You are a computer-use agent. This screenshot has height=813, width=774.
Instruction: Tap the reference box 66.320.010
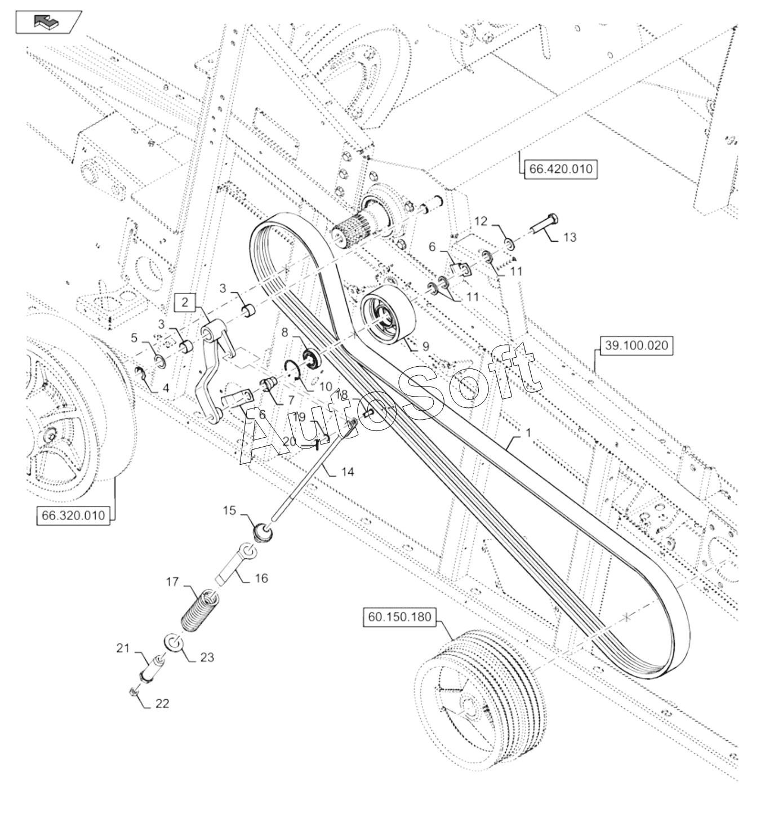click(73, 516)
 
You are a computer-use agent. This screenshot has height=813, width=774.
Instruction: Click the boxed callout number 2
click(185, 303)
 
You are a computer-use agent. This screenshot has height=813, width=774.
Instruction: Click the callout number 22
click(162, 703)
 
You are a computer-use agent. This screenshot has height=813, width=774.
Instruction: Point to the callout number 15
click(229, 510)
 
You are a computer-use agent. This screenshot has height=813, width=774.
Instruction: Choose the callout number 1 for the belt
click(528, 433)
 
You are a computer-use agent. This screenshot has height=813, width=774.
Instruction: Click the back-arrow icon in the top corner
click(49, 21)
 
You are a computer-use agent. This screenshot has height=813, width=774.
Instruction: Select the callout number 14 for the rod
click(348, 472)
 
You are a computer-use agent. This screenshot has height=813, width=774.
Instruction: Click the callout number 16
click(261, 578)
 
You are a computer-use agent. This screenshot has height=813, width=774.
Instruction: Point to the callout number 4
click(166, 388)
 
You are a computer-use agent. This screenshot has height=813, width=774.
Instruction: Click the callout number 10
click(326, 386)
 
